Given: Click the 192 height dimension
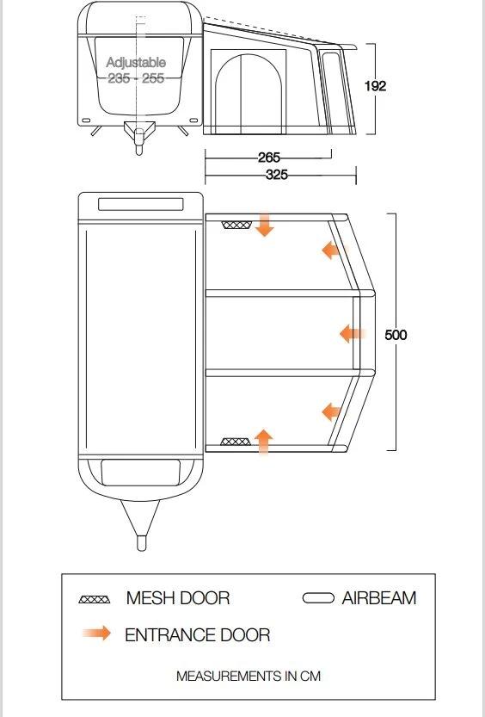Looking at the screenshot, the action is (x=375, y=86).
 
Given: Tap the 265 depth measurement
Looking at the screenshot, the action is (x=268, y=158).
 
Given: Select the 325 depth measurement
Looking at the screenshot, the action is (x=277, y=175).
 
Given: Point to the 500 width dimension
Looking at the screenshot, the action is (x=396, y=335).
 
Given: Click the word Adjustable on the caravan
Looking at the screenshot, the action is (x=136, y=62).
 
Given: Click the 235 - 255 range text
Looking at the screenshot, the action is (x=136, y=78).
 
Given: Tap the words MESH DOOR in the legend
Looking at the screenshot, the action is (x=178, y=598).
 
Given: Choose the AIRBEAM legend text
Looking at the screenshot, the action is (x=379, y=598).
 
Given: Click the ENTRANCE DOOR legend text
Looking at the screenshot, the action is (x=197, y=634).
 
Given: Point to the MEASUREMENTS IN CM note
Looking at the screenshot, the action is (x=249, y=676).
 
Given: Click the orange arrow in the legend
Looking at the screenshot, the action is (x=96, y=633).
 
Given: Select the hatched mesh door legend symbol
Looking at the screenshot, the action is (x=95, y=599).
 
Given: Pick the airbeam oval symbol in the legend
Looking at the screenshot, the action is (x=318, y=598).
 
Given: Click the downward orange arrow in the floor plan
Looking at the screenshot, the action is (x=264, y=224).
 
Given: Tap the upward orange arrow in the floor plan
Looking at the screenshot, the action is (x=263, y=442).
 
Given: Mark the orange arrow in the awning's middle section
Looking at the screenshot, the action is (x=353, y=334).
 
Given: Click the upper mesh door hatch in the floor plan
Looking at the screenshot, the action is (x=236, y=225).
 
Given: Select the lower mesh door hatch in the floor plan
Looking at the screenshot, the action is (x=236, y=442).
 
